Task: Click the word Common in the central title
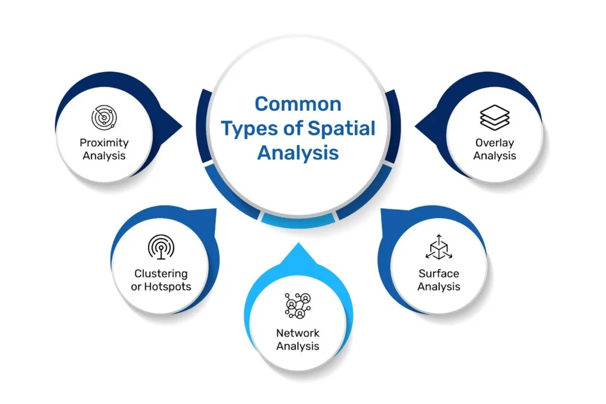(298, 105)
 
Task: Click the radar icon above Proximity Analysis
(104, 117)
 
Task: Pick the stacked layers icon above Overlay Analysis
(495, 117)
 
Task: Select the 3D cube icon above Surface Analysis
(439, 248)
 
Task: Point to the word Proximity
(104, 143)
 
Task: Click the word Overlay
(495, 143)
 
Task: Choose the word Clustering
(160, 274)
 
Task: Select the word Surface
(439, 274)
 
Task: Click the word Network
(298, 332)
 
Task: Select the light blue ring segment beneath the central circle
(298, 221)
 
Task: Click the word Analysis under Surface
(439, 287)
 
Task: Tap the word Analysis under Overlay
(495, 156)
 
